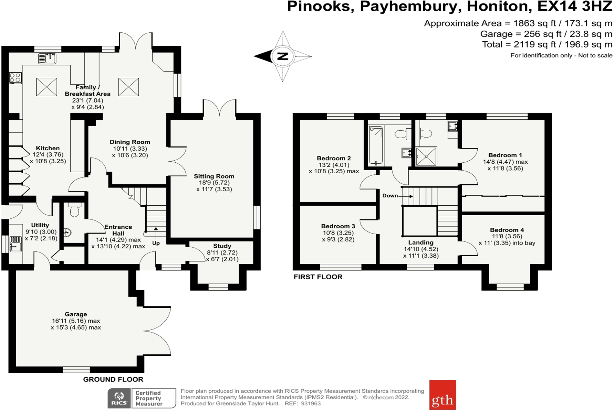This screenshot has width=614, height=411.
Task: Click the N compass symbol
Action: [x=282, y=56]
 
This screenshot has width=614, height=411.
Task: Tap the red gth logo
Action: [x=443, y=395]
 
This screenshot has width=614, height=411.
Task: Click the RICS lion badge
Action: [x=119, y=398]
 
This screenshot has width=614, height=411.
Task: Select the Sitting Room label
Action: [x=214, y=176]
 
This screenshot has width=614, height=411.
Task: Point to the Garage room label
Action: [x=76, y=314]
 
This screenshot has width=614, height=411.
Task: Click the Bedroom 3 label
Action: [x=338, y=226]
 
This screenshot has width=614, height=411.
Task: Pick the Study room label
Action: [x=222, y=246]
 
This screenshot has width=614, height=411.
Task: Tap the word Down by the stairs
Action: [x=390, y=196]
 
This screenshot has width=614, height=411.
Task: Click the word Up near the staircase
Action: [x=156, y=243]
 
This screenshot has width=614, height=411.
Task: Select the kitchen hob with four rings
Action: [x=15, y=78]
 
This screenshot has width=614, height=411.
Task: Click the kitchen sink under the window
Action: [x=47, y=58]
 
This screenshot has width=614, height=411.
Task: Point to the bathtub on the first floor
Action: [x=376, y=145]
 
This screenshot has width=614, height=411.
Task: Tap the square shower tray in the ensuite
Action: [x=426, y=156]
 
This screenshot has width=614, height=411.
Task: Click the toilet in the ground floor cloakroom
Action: [x=75, y=209]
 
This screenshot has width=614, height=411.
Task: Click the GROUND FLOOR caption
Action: [x=113, y=380]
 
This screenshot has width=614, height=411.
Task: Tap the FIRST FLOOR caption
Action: [x=318, y=277]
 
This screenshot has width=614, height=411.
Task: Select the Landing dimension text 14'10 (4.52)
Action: [x=421, y=249]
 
